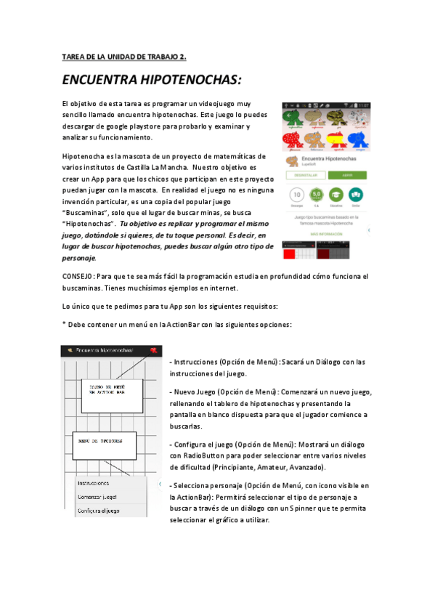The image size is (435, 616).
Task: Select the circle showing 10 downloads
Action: (296, 195)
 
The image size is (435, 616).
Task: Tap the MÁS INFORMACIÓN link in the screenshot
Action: (325, 234)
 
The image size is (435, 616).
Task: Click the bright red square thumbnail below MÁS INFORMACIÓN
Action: (291, 253)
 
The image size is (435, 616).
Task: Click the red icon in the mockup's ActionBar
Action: (153, 351)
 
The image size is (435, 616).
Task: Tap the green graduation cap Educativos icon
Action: (336, 195)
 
